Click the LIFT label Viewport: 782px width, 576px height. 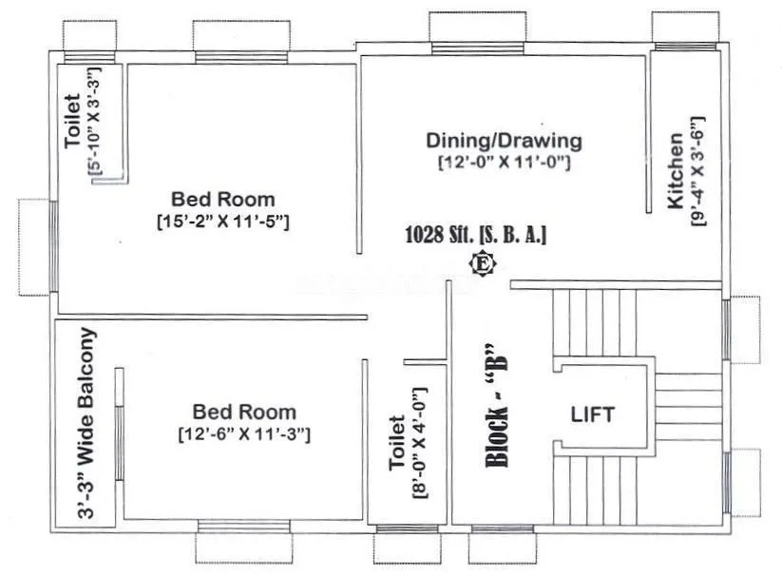pyautogui.click(x=592, y=414)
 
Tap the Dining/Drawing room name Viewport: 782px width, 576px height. pyautogui.click(x=503, y=141)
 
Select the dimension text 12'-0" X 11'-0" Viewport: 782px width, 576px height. pyautogui.click(x=503, y=163)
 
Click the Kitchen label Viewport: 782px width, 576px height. pyautogui.click(x=675, y=171)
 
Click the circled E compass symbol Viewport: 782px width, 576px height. pyautogui.click(x=482, y=263)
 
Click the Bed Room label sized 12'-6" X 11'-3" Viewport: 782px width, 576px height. pyautogui.click(x=244, y=413)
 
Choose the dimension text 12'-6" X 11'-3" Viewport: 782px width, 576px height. pyautogui.click(x=244, y=434)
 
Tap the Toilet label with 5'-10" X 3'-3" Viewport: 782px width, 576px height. pyautogui.click(x=73, y=126)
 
